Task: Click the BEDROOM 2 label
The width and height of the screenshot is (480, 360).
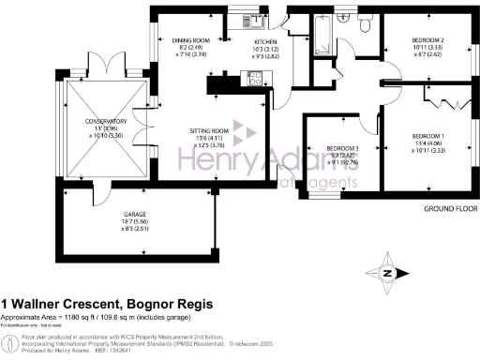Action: pos(427,40)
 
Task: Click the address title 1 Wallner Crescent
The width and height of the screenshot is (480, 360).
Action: pos(107,304)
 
